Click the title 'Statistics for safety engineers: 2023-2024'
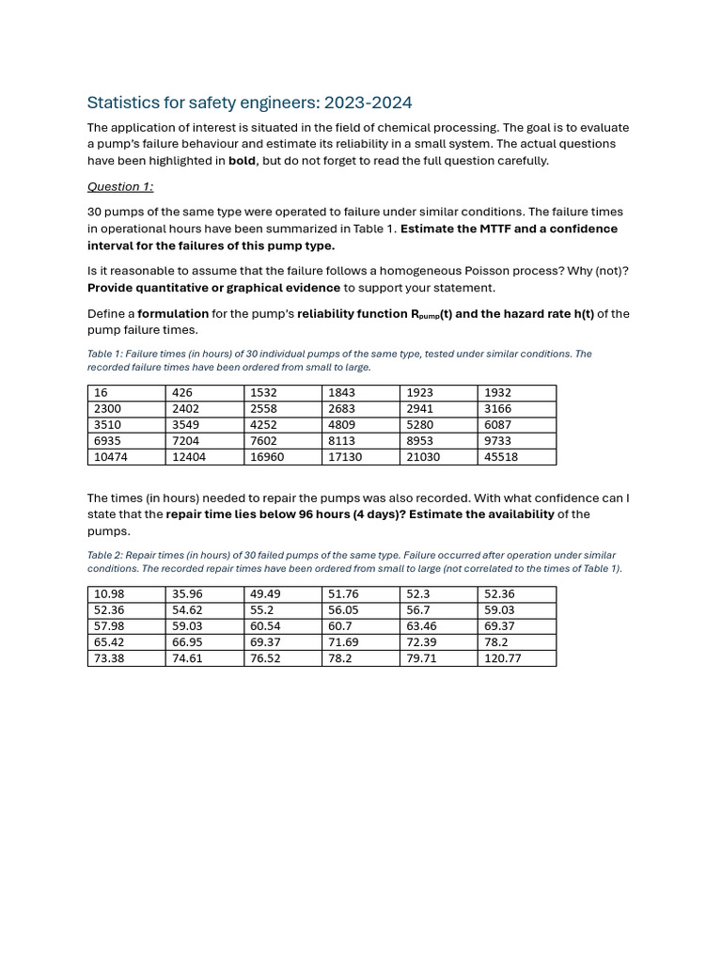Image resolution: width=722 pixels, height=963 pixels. [x=249, y=103]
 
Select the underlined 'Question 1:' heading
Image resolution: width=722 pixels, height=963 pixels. [x=120, y=186]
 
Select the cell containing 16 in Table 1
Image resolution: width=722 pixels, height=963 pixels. [x=102, y=392]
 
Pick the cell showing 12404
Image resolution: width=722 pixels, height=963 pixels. [x=189, y=457]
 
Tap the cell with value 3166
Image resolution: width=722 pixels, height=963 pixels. [x=498, y=408]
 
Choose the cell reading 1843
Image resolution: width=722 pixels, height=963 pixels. [x=342, y=392]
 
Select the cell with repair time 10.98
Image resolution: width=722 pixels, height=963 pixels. [x=109, y=593]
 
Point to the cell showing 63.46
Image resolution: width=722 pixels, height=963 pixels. [x=421, y=625]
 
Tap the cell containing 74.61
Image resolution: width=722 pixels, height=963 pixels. [x=187, y=658]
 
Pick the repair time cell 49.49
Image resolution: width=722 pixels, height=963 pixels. [x=265, y=593]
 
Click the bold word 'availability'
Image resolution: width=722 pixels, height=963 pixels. [x=516, y=514]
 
